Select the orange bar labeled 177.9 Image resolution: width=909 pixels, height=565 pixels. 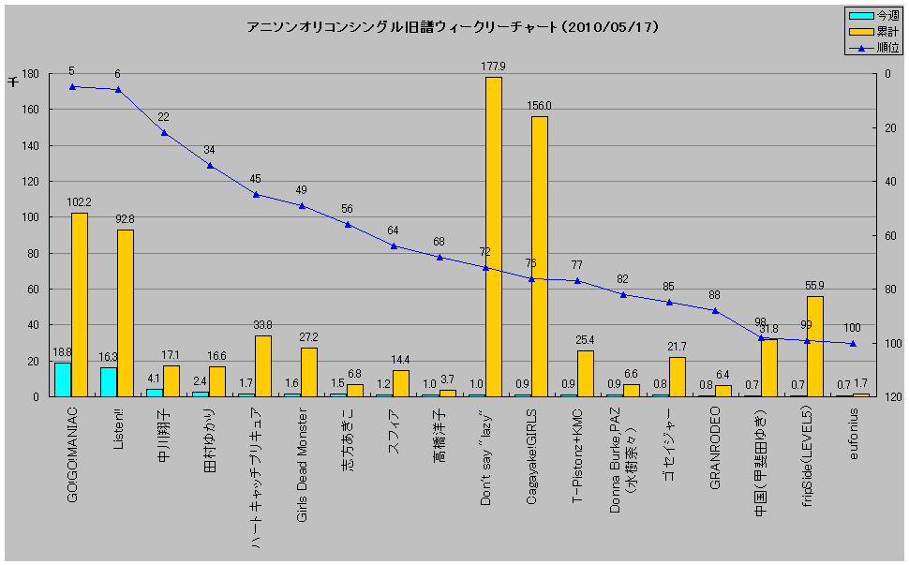(493, 236)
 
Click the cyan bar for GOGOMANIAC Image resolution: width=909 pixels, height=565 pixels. (63, 379)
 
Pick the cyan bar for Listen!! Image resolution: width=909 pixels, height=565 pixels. (109, 381)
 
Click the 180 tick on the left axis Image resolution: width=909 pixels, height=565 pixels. (29, 74)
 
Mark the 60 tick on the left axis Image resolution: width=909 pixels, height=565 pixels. (32, 290)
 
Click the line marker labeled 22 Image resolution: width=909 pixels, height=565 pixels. (164, 132)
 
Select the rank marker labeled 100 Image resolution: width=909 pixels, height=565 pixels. (852, 344)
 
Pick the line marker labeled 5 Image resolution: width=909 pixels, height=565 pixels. (72, 86)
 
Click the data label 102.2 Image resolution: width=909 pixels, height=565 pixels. (80, 202)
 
